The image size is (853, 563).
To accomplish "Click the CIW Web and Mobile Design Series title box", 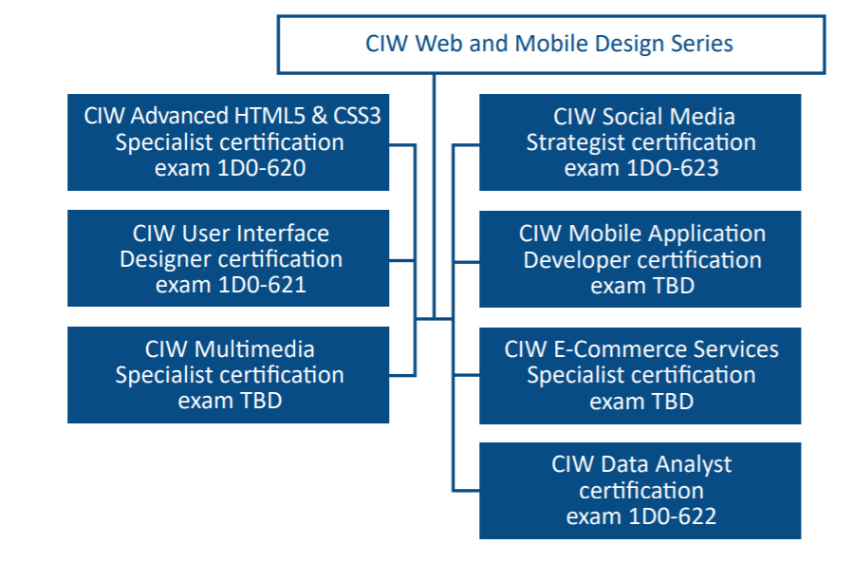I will tap(550, 45).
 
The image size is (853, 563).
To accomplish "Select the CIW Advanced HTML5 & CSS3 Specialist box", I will tap(229, 142).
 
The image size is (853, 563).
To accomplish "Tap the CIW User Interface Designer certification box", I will tap(229, 258).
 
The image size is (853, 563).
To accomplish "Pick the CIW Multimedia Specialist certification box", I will tap(229, 375).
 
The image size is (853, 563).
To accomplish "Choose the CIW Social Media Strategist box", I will tap(640, 142).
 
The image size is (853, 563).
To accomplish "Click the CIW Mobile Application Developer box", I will tap(640, 259).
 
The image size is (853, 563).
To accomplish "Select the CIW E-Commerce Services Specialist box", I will tap(640, 375).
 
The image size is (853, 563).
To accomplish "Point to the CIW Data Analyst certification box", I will tap(640, 491).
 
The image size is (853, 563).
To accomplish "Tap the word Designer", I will tap(167, 259).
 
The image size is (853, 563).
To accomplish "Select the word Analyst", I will tap(695, 465).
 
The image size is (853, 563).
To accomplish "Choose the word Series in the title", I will tap(699, 44).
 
